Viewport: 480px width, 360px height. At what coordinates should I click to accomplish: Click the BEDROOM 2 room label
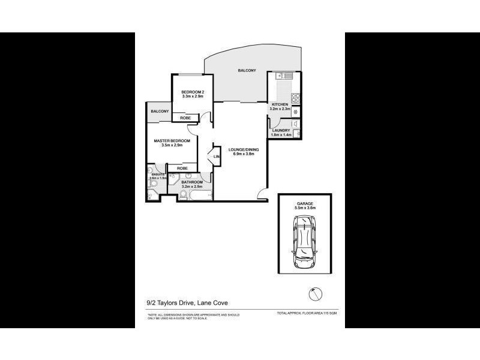pos(193,91)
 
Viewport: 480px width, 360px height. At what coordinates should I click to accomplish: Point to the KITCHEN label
pos(280,104)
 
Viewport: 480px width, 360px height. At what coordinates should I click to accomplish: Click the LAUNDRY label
pos(281,130)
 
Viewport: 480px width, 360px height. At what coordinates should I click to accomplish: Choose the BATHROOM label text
pos(192,182)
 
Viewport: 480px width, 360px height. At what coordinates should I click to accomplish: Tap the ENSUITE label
pos(157,174)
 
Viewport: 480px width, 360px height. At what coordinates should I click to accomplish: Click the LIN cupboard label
pos(217,157)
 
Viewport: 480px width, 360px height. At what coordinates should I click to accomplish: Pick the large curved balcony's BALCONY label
pos(247,71)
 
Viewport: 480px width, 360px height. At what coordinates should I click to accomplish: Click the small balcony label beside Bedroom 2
pos(160,111)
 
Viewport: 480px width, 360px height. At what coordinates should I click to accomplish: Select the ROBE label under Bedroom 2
pos(186,118)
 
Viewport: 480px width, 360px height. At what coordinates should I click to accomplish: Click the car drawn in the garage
pos(304,243)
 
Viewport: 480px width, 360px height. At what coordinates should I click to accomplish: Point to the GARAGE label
pos(304,203)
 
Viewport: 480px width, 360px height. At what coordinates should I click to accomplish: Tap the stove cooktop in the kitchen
pos(295,98)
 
